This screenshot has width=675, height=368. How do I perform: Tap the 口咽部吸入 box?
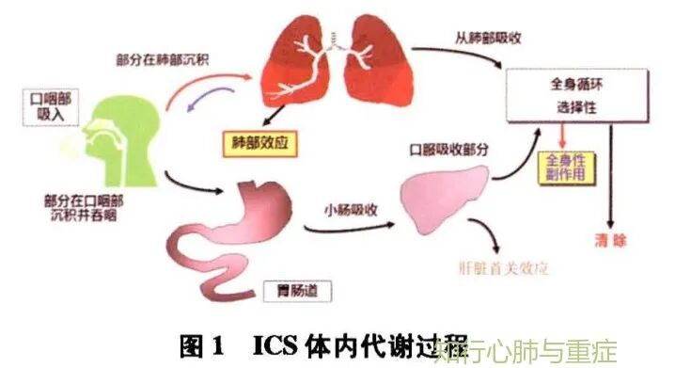(46, 106)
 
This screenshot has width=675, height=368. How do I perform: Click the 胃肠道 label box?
(306, 292)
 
